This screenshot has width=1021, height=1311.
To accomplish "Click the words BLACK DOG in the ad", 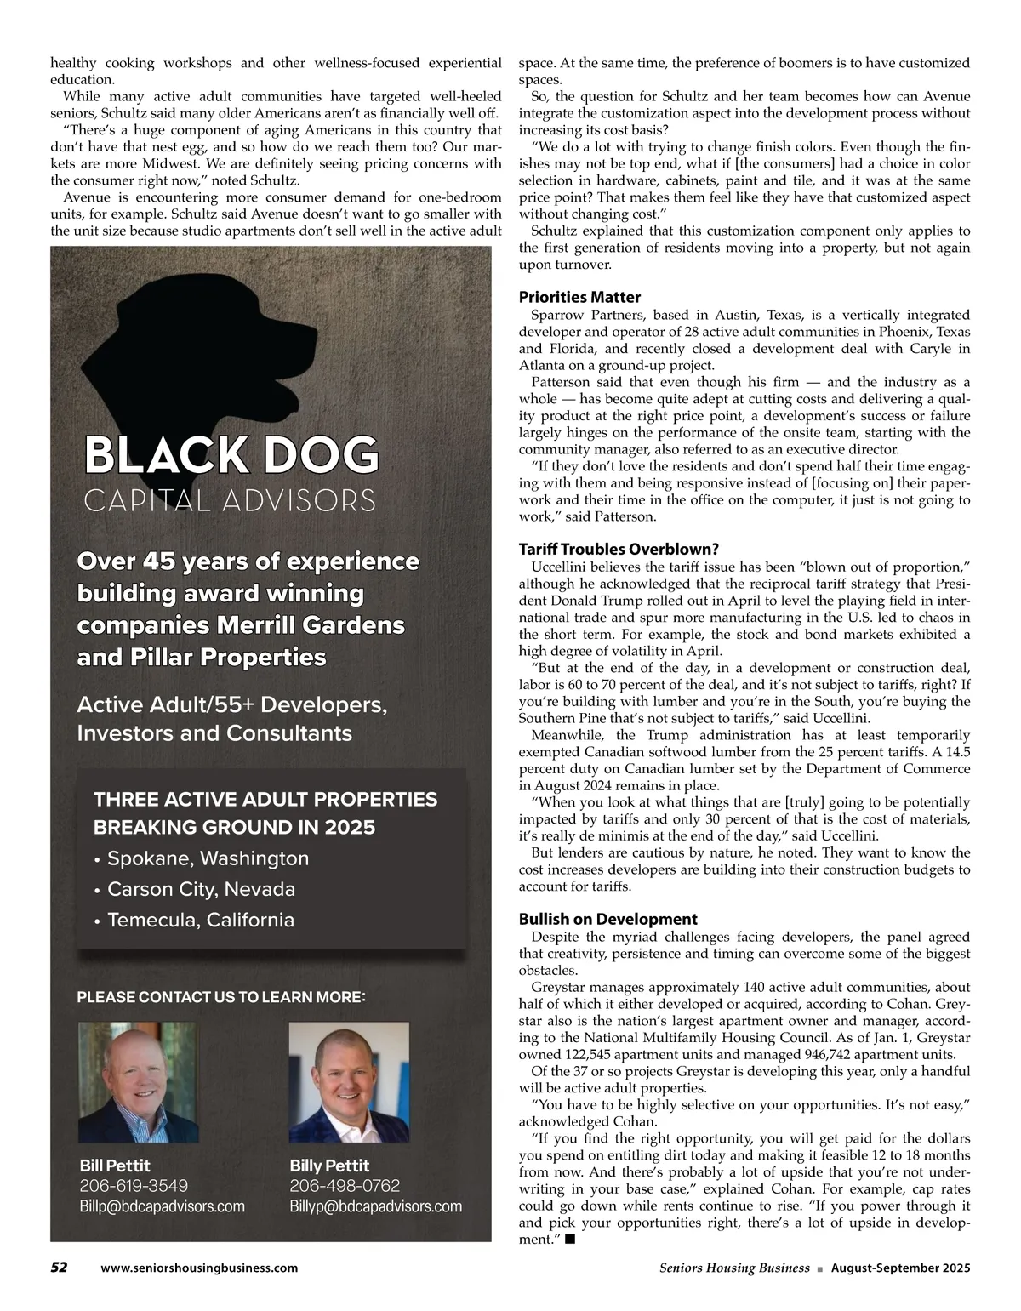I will [x=231, y=457].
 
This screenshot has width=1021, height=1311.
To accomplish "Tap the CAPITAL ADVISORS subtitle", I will [x=230, y=500].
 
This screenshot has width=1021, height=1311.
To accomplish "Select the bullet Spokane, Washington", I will [x=208, y=858].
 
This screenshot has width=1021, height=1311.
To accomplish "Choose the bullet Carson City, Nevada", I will [x=201, y=889].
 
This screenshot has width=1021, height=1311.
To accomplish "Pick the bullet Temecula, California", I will [x=200, y=920].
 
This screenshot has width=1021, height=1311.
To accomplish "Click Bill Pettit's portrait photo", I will [x=137, y=1081].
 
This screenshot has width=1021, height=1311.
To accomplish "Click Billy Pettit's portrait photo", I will [x=349, y=1081].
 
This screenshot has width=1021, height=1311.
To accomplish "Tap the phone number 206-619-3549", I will [x=134, y=1186].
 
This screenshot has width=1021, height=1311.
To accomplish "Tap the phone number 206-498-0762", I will [x=345, y=1186].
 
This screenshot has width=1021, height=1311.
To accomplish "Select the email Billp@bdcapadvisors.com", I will [x=162, y=1206].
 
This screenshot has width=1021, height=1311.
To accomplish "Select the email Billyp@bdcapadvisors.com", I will [x=376, y=1206].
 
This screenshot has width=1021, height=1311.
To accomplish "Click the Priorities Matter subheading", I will [x=579, y=297].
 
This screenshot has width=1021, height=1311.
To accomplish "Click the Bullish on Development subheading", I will [x=607, y=919].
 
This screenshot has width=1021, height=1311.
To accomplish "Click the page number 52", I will [x=59, y=1268].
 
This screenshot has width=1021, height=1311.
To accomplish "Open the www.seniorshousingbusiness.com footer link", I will [x=199, y=1268].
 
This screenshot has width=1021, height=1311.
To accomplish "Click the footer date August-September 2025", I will [x=900, y=1268].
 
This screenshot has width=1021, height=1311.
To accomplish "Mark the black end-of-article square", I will [x=569, y=1240].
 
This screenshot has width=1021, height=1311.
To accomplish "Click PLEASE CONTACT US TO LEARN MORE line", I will [x=221, y=996].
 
